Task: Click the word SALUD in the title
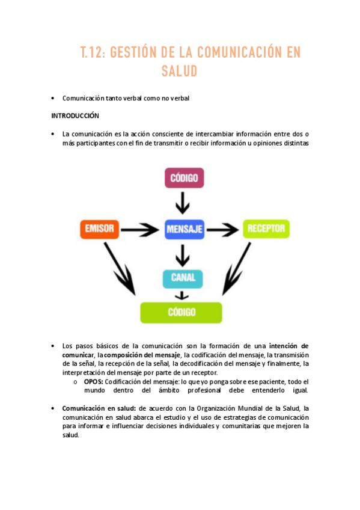click(x=179, y=72)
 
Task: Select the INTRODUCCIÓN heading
click(x=75, y=115)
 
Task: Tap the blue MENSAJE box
click(x=184, y=229)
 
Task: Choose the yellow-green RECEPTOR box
click(x=266, y=229)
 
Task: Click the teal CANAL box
click(x=183, y=278)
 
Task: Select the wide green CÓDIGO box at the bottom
click(x=181, y=312)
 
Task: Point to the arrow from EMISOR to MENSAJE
click(x=142, y=229)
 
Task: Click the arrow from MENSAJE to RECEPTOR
click(x=223, y=229)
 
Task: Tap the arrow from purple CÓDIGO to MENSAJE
click(x=183, y=203)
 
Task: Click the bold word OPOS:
click(x=93, y=382)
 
